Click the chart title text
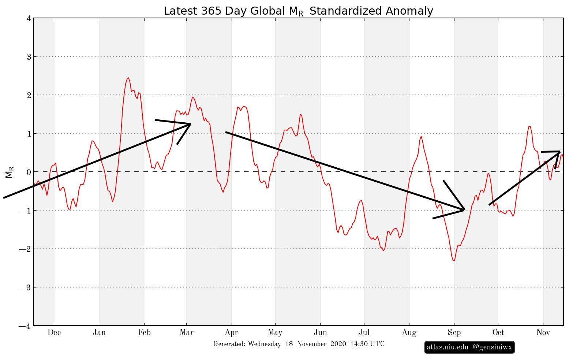298,11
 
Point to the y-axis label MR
10,172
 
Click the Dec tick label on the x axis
54,333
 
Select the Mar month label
186,333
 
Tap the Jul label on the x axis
364,333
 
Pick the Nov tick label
543,333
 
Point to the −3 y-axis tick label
26,287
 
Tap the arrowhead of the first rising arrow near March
190,124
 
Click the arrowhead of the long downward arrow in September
464,209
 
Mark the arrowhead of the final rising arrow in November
559,152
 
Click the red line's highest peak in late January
128,78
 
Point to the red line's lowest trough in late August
453,261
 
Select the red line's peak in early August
421,136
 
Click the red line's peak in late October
529,126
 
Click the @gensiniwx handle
492,347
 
